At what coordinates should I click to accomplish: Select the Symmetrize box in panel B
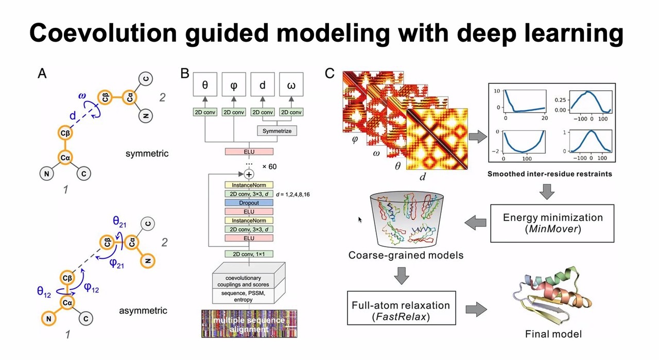276,131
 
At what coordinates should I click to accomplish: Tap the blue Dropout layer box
249,203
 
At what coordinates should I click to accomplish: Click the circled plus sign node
249,174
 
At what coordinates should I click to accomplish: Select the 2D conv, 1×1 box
249,253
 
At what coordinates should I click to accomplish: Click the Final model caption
553,334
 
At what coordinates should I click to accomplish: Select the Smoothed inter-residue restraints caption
549,174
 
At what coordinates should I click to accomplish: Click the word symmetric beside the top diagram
147,153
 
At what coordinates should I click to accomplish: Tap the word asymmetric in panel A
143,311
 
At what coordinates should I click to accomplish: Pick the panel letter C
331,74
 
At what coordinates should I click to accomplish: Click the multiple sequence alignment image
249,322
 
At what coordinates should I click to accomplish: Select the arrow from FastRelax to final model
477,309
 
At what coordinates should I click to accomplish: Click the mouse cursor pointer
360,220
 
